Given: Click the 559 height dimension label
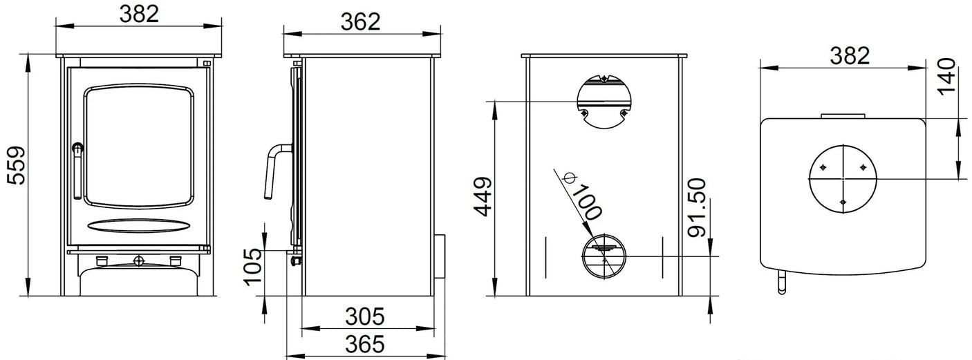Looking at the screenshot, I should pyautogui.click(x=15, y=165).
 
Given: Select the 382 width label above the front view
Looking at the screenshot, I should pyautogui.click(x=139, y=13).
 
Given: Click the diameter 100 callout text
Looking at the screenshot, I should pyautogui.click(x=584, y=197).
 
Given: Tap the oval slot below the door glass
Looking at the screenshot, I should pyautogui.click(x=139, y=225).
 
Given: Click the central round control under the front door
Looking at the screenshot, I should pyautogui.click(x=139, y=260).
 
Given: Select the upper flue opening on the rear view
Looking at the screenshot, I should pyautogui.click(x=604, y=101).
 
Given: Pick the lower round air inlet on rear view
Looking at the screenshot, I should pyautogui.click(x=604, y=256).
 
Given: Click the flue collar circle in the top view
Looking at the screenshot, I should pyautogui.click(x=843, y=178).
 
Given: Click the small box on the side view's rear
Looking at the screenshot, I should pyautogui.click(x=438, y=256).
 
